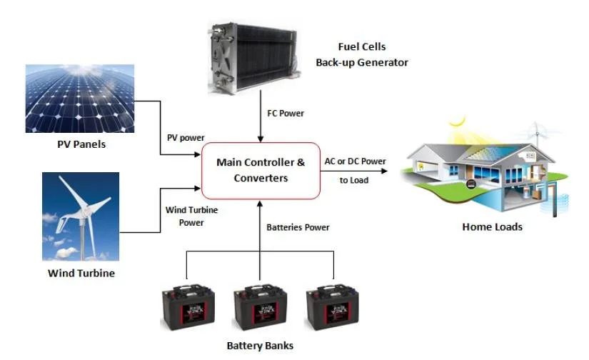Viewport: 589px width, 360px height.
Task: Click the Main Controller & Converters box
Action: point(260,170)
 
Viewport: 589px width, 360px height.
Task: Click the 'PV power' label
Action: point(185,138)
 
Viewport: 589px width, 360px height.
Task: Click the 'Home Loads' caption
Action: point(492,227)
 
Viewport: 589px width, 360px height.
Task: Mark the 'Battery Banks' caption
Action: point(260,346)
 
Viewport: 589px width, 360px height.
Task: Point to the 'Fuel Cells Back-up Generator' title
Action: point(361,55)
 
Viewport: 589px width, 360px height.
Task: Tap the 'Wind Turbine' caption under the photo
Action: point(81,273)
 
